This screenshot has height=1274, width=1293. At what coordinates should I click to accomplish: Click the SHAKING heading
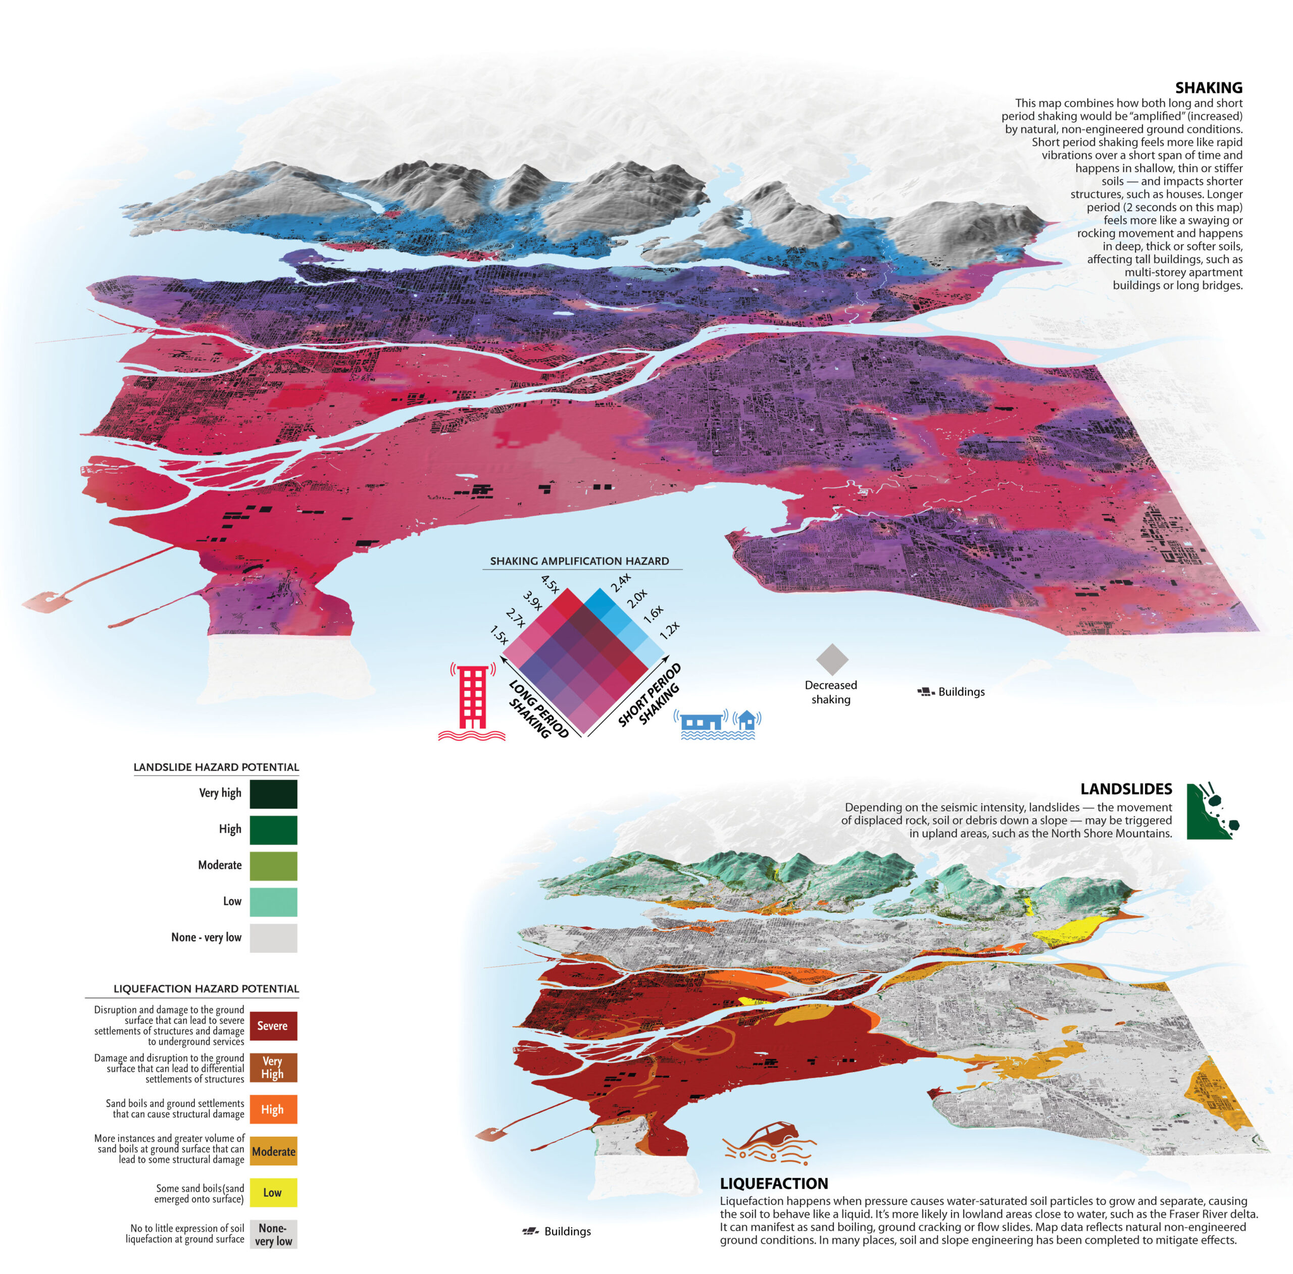(x=1208, y=88)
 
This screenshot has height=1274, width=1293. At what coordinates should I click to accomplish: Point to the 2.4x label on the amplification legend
(x=620, y=582)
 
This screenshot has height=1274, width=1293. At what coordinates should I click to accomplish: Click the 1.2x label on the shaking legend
(x=669, y=630)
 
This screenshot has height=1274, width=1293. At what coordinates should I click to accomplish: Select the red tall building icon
(x=472, y=699)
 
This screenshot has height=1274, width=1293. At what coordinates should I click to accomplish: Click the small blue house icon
(x=747, y=720)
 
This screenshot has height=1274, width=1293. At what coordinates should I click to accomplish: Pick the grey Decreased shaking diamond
(x=832, y=659)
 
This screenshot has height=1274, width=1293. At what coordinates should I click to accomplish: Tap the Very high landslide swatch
(x=273, y=794)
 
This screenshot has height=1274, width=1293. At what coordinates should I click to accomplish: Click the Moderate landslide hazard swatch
(x=273, y=866)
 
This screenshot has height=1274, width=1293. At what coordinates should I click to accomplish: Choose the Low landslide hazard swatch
(x=273, y=902)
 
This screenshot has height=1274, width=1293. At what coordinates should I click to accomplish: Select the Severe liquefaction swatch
(x=273, y=1026)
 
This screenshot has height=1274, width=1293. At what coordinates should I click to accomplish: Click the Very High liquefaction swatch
(x=273, y=1068)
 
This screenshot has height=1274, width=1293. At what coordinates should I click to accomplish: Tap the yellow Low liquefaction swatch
(x=273, y=1192)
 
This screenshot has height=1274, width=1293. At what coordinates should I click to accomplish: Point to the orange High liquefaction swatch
(x=273, y=1109)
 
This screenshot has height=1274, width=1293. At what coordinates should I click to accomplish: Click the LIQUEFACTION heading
(x=774, y=1184)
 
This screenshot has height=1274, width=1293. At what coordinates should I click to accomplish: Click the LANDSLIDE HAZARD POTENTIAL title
(x=216, y=767)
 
